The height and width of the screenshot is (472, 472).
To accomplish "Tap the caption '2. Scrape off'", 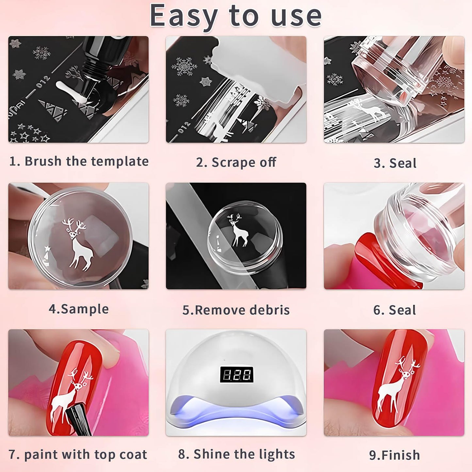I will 236,162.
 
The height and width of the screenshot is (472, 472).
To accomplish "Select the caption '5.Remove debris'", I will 236,310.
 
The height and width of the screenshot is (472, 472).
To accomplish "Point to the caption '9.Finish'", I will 394,455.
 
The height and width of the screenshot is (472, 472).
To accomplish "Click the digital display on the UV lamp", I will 236,375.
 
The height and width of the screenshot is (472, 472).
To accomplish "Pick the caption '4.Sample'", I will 78,309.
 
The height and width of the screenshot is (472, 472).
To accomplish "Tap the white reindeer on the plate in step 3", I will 366,109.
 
